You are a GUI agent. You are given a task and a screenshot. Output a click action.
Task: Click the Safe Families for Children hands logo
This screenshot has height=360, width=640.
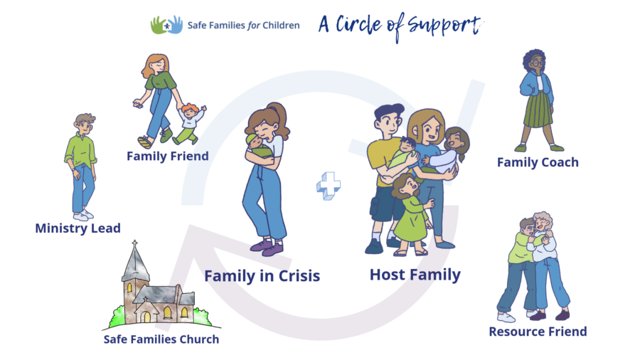[x=166, y=25]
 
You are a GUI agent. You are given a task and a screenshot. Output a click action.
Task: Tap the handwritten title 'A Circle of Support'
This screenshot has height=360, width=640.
[x=400, y=26]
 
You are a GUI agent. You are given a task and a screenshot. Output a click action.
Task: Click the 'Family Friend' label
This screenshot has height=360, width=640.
[x=168, y=156]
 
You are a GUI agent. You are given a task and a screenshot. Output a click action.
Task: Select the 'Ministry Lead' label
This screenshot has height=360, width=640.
[x=78, y=228]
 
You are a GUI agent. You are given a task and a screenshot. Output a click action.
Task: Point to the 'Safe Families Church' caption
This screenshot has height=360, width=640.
[x=161, y=339]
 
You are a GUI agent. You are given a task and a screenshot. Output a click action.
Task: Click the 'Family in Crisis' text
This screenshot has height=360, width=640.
[x=262, y=276]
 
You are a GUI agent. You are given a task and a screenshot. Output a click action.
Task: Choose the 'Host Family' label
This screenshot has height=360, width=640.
[x=415, y=275]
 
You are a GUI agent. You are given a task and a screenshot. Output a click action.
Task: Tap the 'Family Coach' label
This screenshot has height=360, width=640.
[x=538, y=162]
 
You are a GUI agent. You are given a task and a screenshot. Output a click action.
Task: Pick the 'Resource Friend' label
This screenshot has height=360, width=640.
[x=538, y=332]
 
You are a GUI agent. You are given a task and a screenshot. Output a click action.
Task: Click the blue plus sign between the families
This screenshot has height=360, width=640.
[x=329, y=186]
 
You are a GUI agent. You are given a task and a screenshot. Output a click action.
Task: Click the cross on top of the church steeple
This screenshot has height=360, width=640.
[x=134, y=243]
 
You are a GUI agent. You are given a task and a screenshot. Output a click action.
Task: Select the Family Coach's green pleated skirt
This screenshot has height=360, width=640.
[x=538, y=110]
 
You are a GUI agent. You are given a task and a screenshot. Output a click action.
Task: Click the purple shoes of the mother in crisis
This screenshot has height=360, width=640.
[x=267, y=247]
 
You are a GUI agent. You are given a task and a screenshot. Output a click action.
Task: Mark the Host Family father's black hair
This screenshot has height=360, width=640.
[x=388, y=111]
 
